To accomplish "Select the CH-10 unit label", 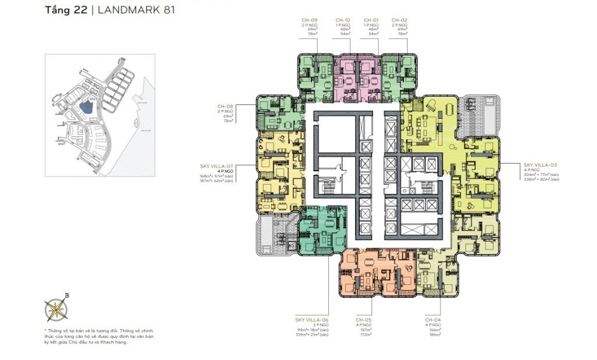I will coord(343,20).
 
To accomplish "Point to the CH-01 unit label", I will coord(371,20).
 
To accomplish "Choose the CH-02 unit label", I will coord(399,20).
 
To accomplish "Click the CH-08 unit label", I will coord(225,107).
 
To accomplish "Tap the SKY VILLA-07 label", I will coord(217,166).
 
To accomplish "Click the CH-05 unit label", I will coord(364,320).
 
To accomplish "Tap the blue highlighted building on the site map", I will coord(87,107).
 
